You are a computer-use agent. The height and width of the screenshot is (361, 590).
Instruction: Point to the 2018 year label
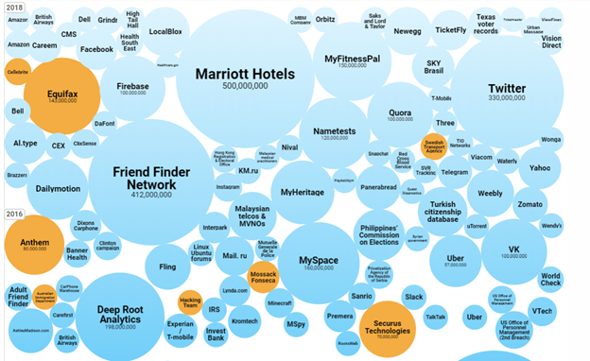[16, 8]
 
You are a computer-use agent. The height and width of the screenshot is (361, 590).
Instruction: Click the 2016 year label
[16, 213]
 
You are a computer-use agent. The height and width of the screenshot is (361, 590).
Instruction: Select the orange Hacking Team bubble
[190, 302]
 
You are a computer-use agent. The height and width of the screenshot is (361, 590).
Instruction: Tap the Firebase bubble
[132, 90]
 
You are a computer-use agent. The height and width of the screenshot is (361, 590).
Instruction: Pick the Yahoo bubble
[539, 168]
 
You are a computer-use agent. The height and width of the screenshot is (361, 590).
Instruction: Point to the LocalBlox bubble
[166, 32]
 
